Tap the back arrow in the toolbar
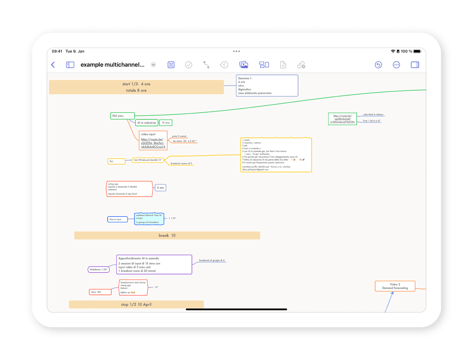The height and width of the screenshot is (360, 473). click(53, 65)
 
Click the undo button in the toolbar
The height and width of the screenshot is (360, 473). click(378, 65)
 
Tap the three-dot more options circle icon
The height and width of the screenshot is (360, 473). click(396, 65)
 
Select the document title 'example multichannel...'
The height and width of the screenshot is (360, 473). click(112, 65)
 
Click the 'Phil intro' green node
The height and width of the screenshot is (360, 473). click(123, 116)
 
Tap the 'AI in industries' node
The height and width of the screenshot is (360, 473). click(147, 123)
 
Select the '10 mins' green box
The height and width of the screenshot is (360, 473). click(166, 123)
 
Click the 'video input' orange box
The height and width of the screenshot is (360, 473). click(153, 140)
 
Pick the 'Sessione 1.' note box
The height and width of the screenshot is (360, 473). click(267, 86)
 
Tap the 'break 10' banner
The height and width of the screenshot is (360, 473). click(167, 235)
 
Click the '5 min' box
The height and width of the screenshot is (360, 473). click(160, 188)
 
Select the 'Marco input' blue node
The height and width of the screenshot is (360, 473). click(117, 219)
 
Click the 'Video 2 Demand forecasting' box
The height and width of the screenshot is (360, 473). click(395, 286)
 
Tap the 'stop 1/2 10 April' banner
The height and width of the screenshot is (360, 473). click(136, 304)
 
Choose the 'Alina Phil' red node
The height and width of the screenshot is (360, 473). click(100, 292)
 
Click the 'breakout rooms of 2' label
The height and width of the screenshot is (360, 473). click(181, 163)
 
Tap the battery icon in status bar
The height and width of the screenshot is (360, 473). click(398, 51)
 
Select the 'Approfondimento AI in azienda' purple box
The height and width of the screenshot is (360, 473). click(154, 264)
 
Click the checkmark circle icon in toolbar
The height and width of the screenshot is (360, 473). click(188, 65)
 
